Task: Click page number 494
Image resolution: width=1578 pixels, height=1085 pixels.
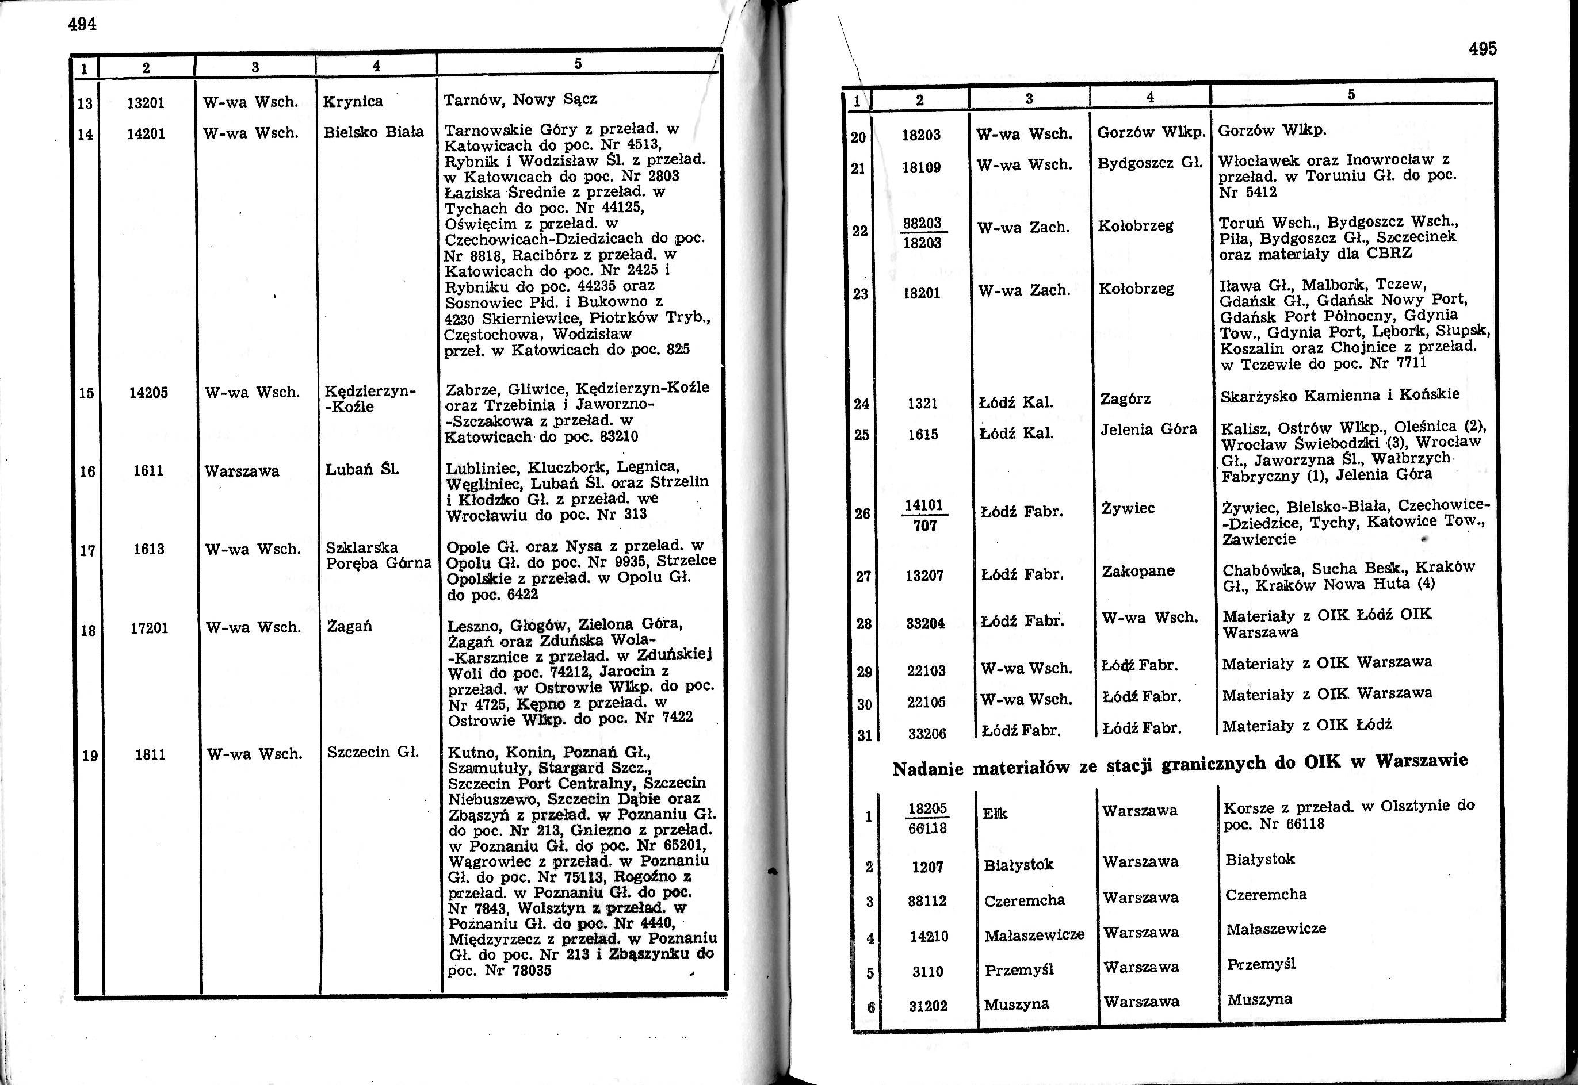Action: (82, 25)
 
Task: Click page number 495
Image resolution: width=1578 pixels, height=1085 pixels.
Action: (1483, 49)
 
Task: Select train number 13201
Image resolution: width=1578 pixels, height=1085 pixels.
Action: (146, 103)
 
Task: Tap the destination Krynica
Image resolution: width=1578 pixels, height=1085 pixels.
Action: (353, 101)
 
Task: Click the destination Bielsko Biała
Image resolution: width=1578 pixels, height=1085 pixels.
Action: (373, 131)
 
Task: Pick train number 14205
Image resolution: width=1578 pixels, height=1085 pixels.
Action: (148, 392)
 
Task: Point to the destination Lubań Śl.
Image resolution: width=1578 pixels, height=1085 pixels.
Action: (361, 469)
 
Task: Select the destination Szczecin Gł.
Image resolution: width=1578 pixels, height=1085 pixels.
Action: (372, 752)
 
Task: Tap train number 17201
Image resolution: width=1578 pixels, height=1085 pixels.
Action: (148, 627)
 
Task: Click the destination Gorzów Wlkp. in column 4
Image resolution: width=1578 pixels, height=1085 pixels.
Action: (1151, 132)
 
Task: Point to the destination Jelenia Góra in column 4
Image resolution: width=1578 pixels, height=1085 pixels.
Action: (1148, 430)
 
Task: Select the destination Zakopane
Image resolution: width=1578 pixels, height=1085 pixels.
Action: (1138, 570)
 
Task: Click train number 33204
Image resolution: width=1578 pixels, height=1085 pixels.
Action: (925, 623)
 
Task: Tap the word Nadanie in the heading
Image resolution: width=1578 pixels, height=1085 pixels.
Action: (928, 769)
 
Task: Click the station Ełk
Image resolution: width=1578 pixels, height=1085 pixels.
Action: (996, 813)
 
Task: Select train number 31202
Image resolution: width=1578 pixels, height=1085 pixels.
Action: (928, 1006)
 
